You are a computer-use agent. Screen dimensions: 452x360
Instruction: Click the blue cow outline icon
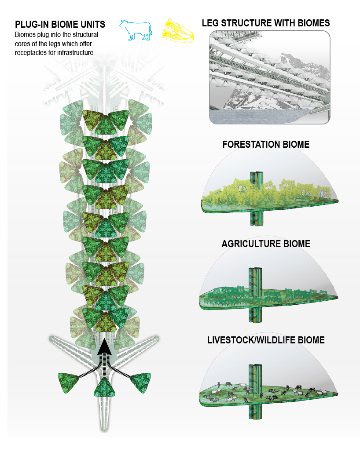(x=136, y=30)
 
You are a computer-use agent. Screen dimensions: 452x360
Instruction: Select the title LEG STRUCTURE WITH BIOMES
(x=266, y=23)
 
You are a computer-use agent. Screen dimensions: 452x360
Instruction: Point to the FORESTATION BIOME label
(x=266, y=145)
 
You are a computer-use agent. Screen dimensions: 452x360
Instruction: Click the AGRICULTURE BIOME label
(x=266, y=244)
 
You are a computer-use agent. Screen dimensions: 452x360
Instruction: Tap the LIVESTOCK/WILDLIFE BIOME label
(x=266, y=340)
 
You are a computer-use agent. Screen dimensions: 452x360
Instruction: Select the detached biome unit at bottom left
(x=69, y=381)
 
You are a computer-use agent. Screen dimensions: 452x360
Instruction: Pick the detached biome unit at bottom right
(x=141, y=381)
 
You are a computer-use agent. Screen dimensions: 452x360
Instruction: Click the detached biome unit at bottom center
(x=105, y=387)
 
